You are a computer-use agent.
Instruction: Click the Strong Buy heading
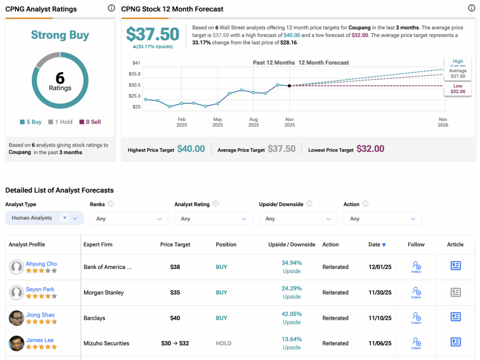point(60,35)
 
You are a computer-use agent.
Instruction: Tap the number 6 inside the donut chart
point(60,78)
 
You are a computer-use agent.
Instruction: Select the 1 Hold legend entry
point(60,122)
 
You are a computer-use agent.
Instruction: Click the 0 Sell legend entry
point(90,122)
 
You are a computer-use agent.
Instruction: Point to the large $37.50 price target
point(153,34)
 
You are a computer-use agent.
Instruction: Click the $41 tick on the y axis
point(136,63)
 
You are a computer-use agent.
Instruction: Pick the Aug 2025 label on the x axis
point(254,122)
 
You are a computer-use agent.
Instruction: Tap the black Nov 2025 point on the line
point(289,86)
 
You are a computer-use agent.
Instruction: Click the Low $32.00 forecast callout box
point(457,89)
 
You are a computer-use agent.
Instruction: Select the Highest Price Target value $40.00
point(191,149)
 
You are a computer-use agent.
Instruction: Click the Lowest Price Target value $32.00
point(370,149)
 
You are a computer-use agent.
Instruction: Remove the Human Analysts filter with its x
point(65,218)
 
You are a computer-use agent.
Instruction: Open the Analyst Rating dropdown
point(213,218)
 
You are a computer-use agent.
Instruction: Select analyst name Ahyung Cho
point(41,264)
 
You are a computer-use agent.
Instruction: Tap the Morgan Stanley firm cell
point(104,292)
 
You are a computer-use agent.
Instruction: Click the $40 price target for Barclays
point(175,318)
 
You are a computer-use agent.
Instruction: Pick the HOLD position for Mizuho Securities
point(224,343)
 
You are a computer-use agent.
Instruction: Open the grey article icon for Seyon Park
point(455,292)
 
